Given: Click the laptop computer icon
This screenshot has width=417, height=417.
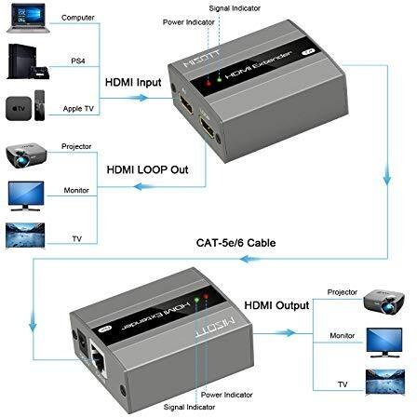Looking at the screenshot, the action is (27, 19).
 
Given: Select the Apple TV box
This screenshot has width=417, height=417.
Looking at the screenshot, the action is (19, 108).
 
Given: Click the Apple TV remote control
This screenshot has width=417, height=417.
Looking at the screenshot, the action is (39, 105).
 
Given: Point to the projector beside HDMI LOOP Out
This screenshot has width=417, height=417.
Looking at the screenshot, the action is (26, 155).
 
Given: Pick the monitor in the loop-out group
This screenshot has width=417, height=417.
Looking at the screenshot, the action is (26, 196).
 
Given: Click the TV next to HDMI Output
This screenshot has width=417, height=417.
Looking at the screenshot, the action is (385, 382).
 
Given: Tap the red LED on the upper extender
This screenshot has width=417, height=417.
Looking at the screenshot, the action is (208, 83).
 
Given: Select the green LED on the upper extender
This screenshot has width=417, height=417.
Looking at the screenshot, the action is (220, 79).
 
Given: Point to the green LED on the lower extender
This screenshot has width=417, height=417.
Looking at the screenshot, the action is (196, 300).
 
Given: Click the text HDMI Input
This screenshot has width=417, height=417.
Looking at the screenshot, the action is (133, 83).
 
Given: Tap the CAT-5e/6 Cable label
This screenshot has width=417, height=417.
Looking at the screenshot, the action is (235, 243).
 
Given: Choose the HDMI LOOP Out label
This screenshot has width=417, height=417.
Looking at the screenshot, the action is (147, 169).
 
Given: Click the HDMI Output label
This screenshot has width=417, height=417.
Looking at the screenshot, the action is (276, 305).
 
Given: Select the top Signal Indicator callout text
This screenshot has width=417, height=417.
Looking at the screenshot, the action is (235, 8).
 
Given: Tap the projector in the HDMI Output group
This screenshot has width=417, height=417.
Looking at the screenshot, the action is (384, 301).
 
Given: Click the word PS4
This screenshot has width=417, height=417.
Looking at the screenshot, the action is (78, 61).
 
